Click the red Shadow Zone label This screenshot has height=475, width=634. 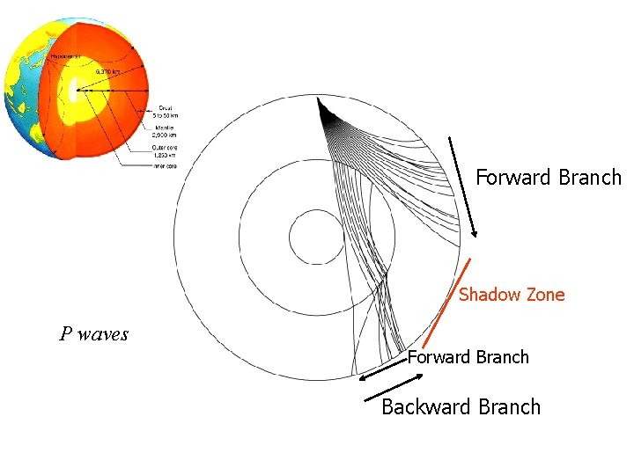coord(512,295)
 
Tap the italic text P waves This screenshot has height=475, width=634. coord(93,334)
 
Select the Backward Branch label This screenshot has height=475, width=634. coord(461,407)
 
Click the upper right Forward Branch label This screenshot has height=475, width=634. coord(549,178)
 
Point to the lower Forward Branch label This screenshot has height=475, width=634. coord(468,357)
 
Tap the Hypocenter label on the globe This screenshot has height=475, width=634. coord(67,55)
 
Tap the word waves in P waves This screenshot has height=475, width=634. coord(103,334)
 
